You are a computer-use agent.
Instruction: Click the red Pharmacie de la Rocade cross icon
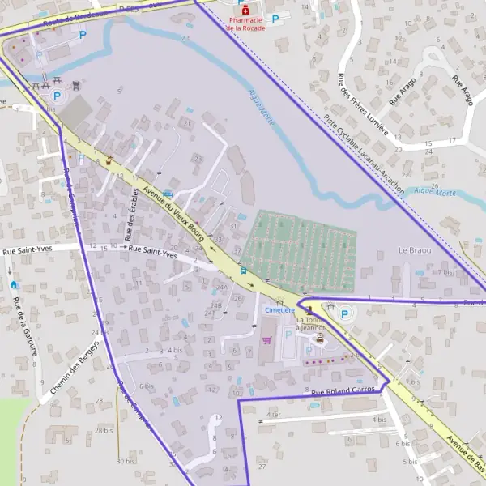245,11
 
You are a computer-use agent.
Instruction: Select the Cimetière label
279,310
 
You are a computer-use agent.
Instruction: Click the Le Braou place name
415,251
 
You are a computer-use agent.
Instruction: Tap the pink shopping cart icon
266,340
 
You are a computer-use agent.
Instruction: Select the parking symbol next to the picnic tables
57,96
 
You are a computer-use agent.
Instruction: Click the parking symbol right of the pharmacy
275,18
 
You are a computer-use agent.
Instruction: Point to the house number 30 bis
126,461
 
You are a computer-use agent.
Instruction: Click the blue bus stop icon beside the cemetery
243,271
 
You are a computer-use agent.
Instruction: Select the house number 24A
221,288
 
